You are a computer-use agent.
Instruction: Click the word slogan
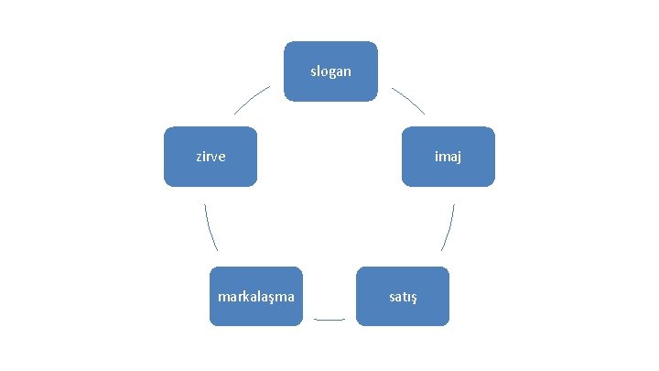[330, 71]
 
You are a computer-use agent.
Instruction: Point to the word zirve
[211, 157]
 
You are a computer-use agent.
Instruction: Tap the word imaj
[448, 157]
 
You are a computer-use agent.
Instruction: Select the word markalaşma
[256, 297]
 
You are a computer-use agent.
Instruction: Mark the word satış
[403, 297]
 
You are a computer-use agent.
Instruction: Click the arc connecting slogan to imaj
[409, 100]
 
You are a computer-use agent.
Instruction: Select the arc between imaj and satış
[448, 227]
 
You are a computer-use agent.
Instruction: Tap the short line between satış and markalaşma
[329, 319]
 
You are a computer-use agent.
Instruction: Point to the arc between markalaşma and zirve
[211, 227]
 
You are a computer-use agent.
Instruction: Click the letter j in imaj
[459, 158]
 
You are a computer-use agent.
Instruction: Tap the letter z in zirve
[199, 157]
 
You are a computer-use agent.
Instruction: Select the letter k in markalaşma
[245, 297]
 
